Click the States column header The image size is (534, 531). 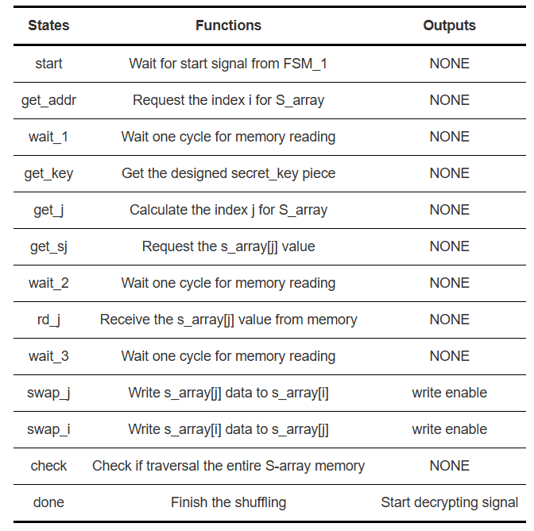pyautogui.click(x=48, y=25)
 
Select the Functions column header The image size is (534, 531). pyautogui.click(x=228, y=25)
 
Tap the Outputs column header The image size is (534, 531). pyautogui.click(x=449, y=26)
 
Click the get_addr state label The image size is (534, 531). pyautogui.click(x=48, y=100)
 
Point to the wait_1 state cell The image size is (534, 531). pyautogui.click(x=48, y=137)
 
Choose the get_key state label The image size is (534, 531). pyautogui.click(x=48, y=174)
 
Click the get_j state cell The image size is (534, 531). pyautogui.click(x=48, y=210)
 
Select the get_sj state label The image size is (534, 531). pyautogui.click(x=48, y=246)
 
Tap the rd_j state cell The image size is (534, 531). pyautogui.click(x=48, y=320)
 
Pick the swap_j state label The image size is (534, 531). pyautogui.click(x=48, y=393)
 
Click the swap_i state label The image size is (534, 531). pyautogui.click(x=48, y=429)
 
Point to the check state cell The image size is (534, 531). pyautogui.click(x=48, y=466)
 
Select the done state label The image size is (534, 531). pyautogui.click(x=48, y=502)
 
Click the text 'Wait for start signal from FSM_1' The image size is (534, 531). pyautogui.click(x=228, y=64)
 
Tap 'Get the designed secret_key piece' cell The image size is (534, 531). pyautogui.click(x=228, y=174)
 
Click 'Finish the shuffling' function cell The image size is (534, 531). pyautogui.click(x=228, y=502)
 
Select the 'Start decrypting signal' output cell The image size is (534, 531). pyautogui.click(x=450, y=502)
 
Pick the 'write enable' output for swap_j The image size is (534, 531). pyautogui.click(x=450, y=393)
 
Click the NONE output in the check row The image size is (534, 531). pyautogui.click(x=450, y=466)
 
